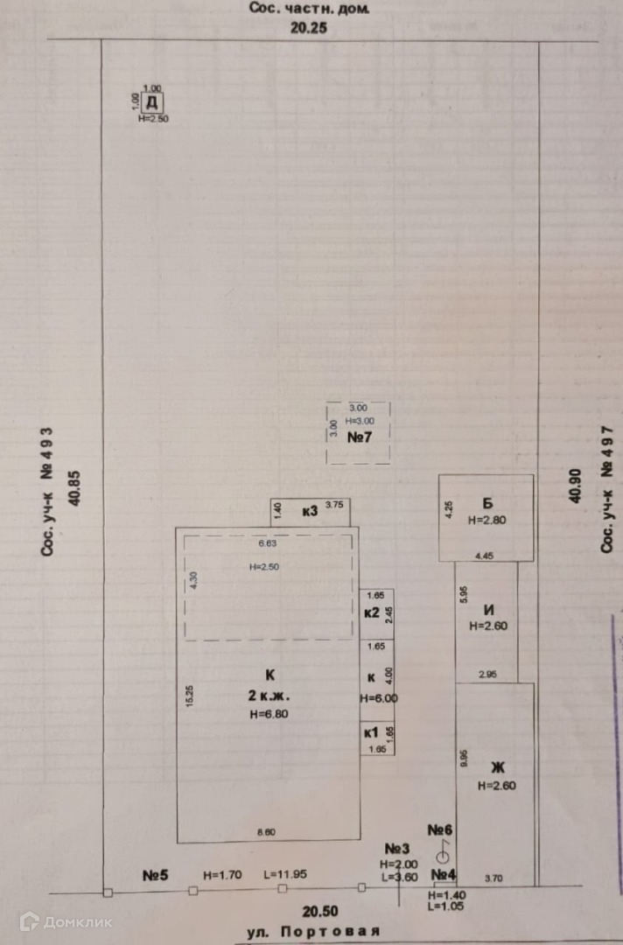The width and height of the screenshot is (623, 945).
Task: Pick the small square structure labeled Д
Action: click(x=151, y=102)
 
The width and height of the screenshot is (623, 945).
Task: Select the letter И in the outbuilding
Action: click(x=489, y=610)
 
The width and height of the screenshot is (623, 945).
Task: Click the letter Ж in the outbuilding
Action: click(x=496, y=768)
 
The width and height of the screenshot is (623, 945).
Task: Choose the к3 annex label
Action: click(x=309, y=510)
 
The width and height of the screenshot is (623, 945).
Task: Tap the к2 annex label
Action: click(x=371, y=612)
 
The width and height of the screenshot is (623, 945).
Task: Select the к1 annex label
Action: click(x=370, y=733)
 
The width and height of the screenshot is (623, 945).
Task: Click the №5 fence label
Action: click(x=155, y=874)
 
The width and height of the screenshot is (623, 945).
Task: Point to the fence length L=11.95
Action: click(x=285, y=874)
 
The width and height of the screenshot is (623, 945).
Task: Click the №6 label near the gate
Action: click(x=439, y=829)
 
